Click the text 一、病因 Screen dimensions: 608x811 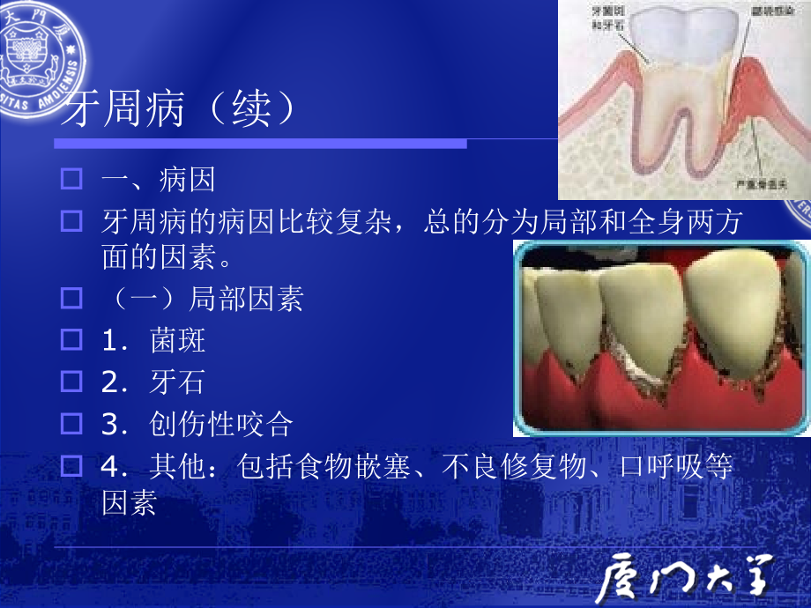coord(159,181)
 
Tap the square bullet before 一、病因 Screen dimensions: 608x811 coord(71,181)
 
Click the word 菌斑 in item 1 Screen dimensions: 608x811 coord(178,340)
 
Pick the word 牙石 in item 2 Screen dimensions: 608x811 coord(178,382)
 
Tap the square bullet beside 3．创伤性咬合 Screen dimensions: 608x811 coord(71,423)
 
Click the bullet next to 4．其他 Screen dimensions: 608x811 coord(71,464)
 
